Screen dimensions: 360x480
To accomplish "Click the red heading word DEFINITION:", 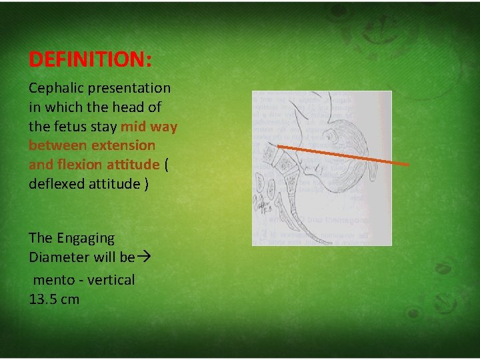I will pyautogui.click(x=90, y=60).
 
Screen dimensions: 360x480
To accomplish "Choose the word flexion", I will pyautogui.click(x=81, y=164).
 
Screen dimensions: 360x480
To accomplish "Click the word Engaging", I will pyautogui.click(x=85, y=238).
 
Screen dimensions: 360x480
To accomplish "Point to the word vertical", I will pyautogui.click(x=111, y=280).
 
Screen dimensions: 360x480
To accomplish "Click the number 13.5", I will pyautogui.click(x=43, y=299).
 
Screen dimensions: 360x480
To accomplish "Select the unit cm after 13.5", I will pyautogui.click(x=70, y=299).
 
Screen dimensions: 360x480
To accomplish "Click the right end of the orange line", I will pyautogui.click(x=408, y=164).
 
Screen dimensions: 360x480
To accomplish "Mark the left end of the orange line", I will pyautogui.click(x=278, y=145).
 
